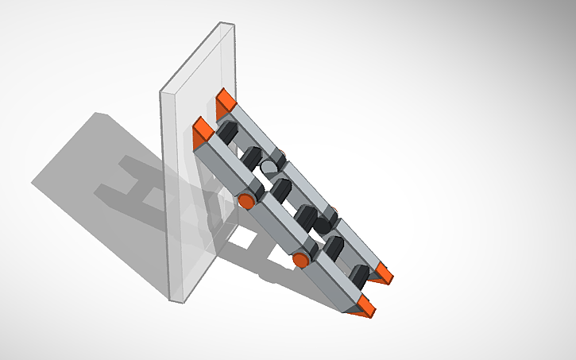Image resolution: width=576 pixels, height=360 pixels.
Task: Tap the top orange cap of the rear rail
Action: coord(226,100)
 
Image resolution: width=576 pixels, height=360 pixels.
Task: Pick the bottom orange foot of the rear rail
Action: coord(385,274)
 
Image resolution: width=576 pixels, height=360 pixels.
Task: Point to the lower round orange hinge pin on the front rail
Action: coord(301,260)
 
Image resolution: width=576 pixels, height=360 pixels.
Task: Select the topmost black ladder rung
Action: coord(229,131)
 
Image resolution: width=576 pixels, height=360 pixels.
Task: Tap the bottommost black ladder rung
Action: coord(360,274)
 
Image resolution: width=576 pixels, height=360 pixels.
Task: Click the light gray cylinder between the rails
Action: coord(271,168)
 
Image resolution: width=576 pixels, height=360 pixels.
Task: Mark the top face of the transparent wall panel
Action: coord(198,57)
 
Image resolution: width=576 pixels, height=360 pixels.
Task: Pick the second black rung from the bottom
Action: coord(334,246)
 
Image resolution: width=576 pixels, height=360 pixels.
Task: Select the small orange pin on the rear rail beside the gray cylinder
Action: coord(280,153)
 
